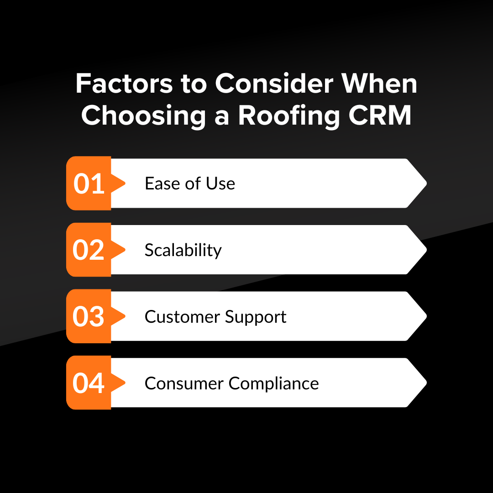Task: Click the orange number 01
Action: (x=89, y=184)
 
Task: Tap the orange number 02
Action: (x=89, y=251)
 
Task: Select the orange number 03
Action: (x=89, y=317)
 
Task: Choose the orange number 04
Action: (x=89, y=383)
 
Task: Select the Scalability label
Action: (x=183, y=250)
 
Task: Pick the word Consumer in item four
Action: (x=184, y=383)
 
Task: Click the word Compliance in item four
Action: (x=274, y=384)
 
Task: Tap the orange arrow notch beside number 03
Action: (x=120, y=316)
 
